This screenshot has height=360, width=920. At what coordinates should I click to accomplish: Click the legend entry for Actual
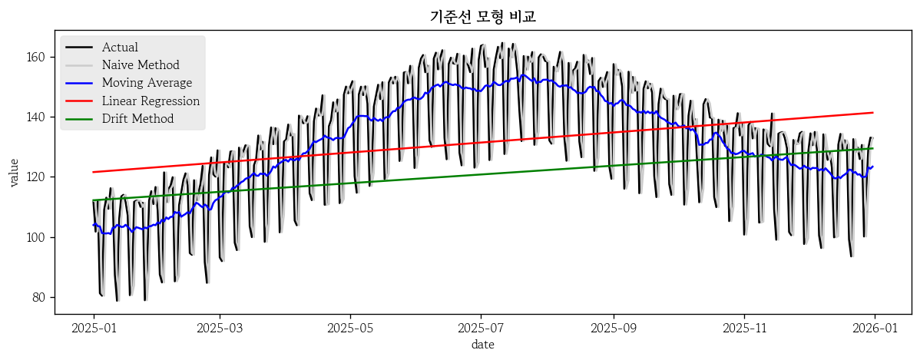[x=120, y=48]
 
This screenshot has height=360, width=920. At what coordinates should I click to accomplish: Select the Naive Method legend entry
[x=141, y=65]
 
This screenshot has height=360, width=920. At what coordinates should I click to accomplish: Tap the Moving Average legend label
[x=147, y=83]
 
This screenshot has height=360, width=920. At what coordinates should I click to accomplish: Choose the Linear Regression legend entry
[x=151, y=101]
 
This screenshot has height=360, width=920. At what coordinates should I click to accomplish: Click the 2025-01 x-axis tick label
[x=94, y=328]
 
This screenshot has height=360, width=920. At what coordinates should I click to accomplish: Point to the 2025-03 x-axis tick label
[x=220, y=328]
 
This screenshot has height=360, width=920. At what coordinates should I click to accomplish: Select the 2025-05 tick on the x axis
[x=350, y=328]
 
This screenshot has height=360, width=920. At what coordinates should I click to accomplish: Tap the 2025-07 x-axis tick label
[x=481, y=328]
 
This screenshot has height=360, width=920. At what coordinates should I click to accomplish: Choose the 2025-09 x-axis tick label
[x=613, y=328]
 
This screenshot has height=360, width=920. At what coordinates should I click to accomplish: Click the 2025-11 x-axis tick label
[x=743, y=328]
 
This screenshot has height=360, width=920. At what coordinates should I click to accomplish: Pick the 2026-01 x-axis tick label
[x=874, y=328]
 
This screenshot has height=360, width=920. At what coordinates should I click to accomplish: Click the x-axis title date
[x=482, y=345]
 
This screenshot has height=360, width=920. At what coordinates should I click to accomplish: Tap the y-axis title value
[x=14, y=172]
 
